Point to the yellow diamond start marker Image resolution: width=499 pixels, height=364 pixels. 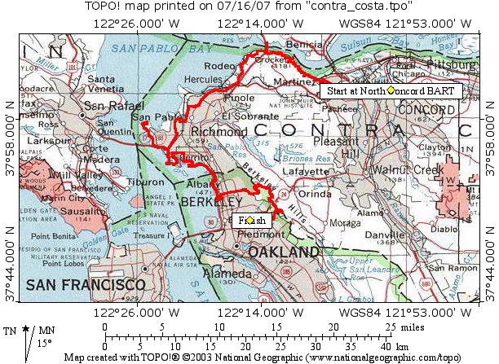tap(391, 91)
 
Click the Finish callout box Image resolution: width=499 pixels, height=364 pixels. tap(249, 221)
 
